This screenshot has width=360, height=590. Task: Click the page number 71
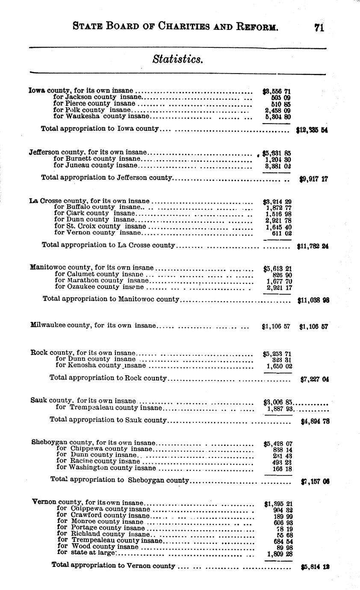point(319,28)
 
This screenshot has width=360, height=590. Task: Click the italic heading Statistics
point(177,59)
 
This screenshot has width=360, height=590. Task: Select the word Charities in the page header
point(176,28)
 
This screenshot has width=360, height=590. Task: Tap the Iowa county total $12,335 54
point(312,129)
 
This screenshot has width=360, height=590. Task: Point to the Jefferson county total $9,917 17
point(313,180)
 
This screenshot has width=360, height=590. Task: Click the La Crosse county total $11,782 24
point(312,246)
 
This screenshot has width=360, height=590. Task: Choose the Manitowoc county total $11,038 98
point(313,301)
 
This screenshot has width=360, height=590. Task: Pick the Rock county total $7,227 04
point(314,379)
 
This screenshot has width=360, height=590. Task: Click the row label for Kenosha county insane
point(101,366)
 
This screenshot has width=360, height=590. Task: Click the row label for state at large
point(86,553)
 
